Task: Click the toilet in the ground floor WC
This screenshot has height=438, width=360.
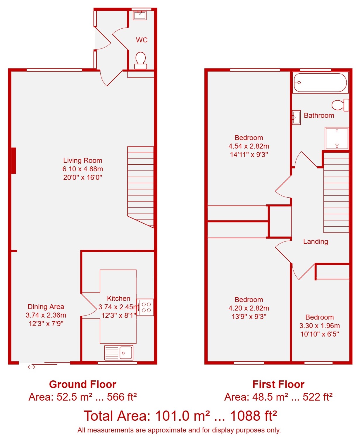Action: [140, 60]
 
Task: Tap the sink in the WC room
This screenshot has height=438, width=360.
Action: [139, 15]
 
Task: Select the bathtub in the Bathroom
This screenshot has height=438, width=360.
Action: [320, 82]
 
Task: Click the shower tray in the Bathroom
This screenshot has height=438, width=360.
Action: [337, 138]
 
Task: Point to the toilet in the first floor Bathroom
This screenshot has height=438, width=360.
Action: [340, 105]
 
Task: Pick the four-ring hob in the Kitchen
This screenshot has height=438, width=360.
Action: [145, 307]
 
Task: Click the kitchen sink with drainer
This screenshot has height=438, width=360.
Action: [119, 352]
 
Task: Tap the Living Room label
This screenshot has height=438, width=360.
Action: [83, 160]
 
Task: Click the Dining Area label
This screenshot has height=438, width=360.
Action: [46, 306]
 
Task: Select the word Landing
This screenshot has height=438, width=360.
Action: [316, 242]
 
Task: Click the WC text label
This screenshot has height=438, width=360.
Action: [142, 40]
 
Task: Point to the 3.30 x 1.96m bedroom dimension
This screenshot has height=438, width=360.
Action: [319, 325]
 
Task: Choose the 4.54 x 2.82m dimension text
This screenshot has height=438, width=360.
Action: [249, 146]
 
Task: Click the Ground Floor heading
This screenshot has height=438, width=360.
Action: [83, 384]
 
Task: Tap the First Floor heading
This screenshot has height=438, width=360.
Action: [278, 384]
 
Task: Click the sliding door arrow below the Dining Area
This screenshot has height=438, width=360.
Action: [32, 367]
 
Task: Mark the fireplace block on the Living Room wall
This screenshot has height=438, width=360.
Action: [13, 161]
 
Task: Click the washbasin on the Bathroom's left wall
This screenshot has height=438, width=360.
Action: [297, 117]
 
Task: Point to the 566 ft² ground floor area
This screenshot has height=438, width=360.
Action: [122, 397]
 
